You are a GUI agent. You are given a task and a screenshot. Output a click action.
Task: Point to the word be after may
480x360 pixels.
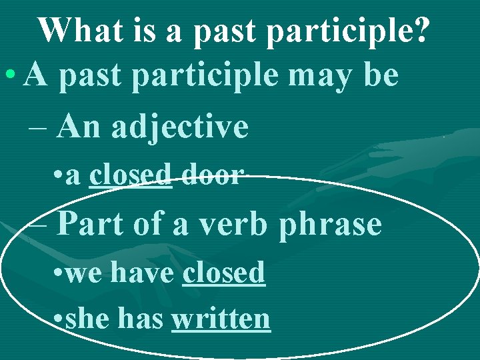380,76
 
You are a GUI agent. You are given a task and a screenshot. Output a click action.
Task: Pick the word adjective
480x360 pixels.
180,127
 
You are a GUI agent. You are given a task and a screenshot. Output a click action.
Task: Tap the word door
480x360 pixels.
211,175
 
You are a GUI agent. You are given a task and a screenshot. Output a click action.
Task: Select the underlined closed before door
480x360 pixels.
131,175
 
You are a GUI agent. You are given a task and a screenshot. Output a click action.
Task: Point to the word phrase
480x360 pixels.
330,225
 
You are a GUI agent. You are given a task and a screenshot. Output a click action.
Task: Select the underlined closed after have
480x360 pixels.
224,272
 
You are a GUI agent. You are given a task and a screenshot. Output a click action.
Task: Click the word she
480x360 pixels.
87,319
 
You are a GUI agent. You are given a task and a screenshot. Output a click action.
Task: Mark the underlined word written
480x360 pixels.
221,319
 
